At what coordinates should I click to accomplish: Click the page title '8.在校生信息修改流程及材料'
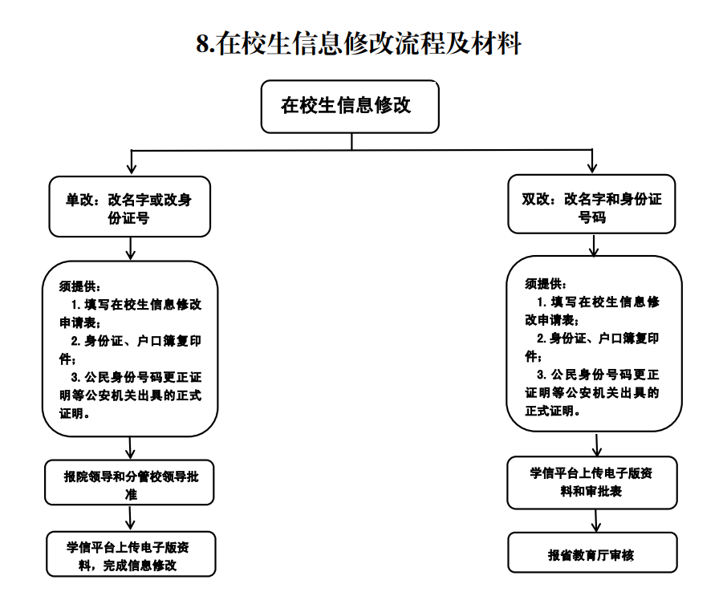(x=359, y=43)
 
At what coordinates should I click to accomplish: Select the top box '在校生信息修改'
(x=349, y=106)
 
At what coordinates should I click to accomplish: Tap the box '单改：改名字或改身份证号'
(x=129, y=207)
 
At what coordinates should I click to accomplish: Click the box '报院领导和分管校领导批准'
(x=129, y=485)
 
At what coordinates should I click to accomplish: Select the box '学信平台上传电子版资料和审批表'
(x=591, y=482)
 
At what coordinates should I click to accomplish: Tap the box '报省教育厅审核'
(x=591, y=553)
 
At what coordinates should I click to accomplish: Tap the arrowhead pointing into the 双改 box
(x=592, y=168)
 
